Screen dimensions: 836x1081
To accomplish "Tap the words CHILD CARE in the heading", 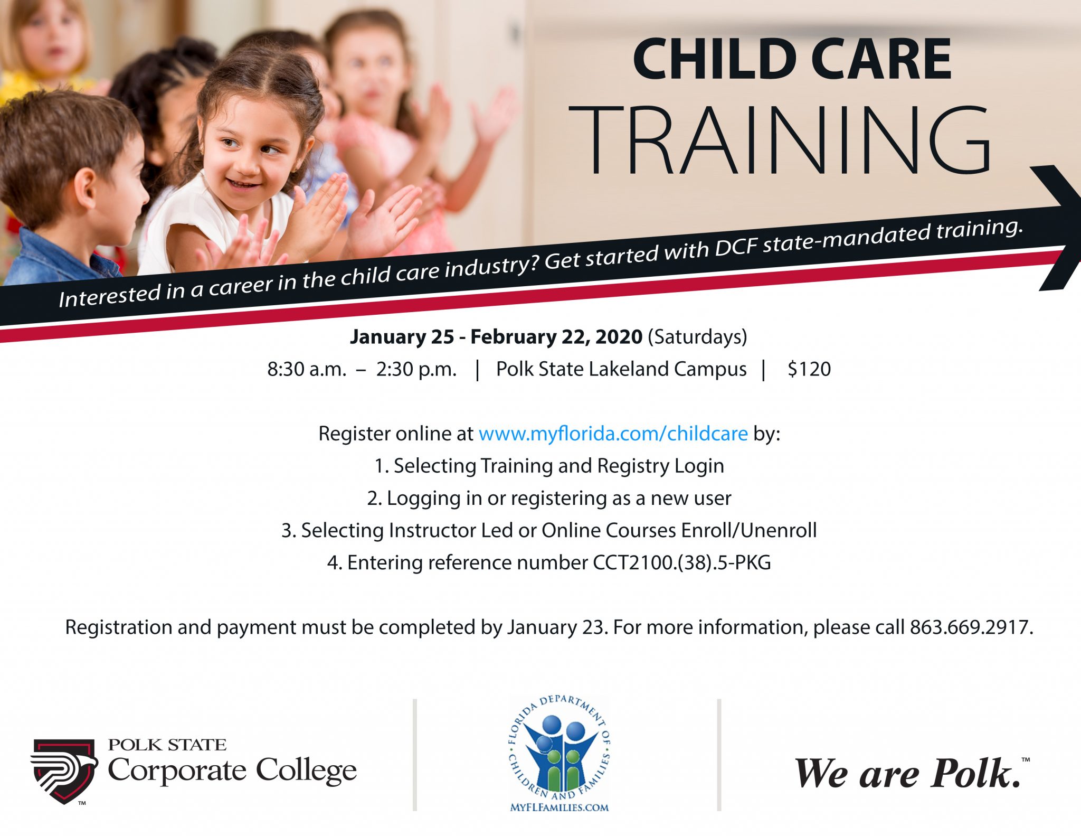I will (792, 59).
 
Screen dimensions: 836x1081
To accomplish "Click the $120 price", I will (809, 369).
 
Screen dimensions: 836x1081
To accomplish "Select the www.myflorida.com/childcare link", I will (613, 434).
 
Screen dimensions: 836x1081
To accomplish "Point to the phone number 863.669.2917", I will (970, 627).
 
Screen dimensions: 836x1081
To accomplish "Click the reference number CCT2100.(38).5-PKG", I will (681, 563).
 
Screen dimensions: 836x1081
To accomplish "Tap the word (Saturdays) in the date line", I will (697, 337).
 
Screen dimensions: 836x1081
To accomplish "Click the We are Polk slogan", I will (908, 774).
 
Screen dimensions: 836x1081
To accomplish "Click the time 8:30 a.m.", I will (306, 369).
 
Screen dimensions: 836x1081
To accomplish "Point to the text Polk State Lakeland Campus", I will (621, 369).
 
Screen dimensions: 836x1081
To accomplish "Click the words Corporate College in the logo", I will (232, 771).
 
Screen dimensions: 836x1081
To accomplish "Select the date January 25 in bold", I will (402, 337).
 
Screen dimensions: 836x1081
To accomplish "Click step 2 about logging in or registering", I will (549, 499).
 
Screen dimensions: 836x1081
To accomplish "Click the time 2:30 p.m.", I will (416, 369).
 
